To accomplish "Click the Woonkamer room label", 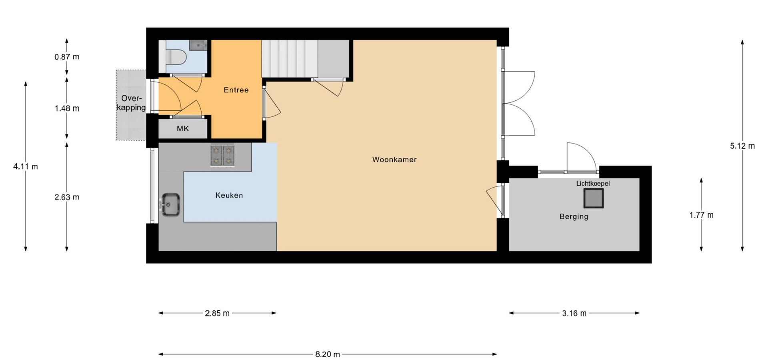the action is click(x=394, y=160).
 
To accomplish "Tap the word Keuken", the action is click(x=229, y=195).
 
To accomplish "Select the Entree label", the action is click(x=236, y=90).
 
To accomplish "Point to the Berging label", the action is click(x=574, y=217).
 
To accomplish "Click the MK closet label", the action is click(x=183, y=129).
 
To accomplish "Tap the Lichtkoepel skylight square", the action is click(x=593, y=198).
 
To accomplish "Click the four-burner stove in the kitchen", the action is click(x=222, y=155).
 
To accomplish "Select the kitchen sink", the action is click(x=170, y=205).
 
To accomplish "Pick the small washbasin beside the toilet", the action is click(x=198, y=44).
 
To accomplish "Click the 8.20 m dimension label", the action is click(x=328, y=354).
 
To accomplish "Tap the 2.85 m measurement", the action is click(x=217, y=313).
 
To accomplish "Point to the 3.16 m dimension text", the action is click(x=574, y=313).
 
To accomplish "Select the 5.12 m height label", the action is click(x=742, y=146).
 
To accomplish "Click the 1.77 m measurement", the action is click(x=701, y=215).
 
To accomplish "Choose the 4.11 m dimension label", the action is click(x=26, y=166).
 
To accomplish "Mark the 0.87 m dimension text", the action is click(x=67, y=57).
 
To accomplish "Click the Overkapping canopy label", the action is click(x=132, y=103).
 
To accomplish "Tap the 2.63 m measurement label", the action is click(x=67, y=197).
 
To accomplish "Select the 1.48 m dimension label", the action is click(x=67, y=108).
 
